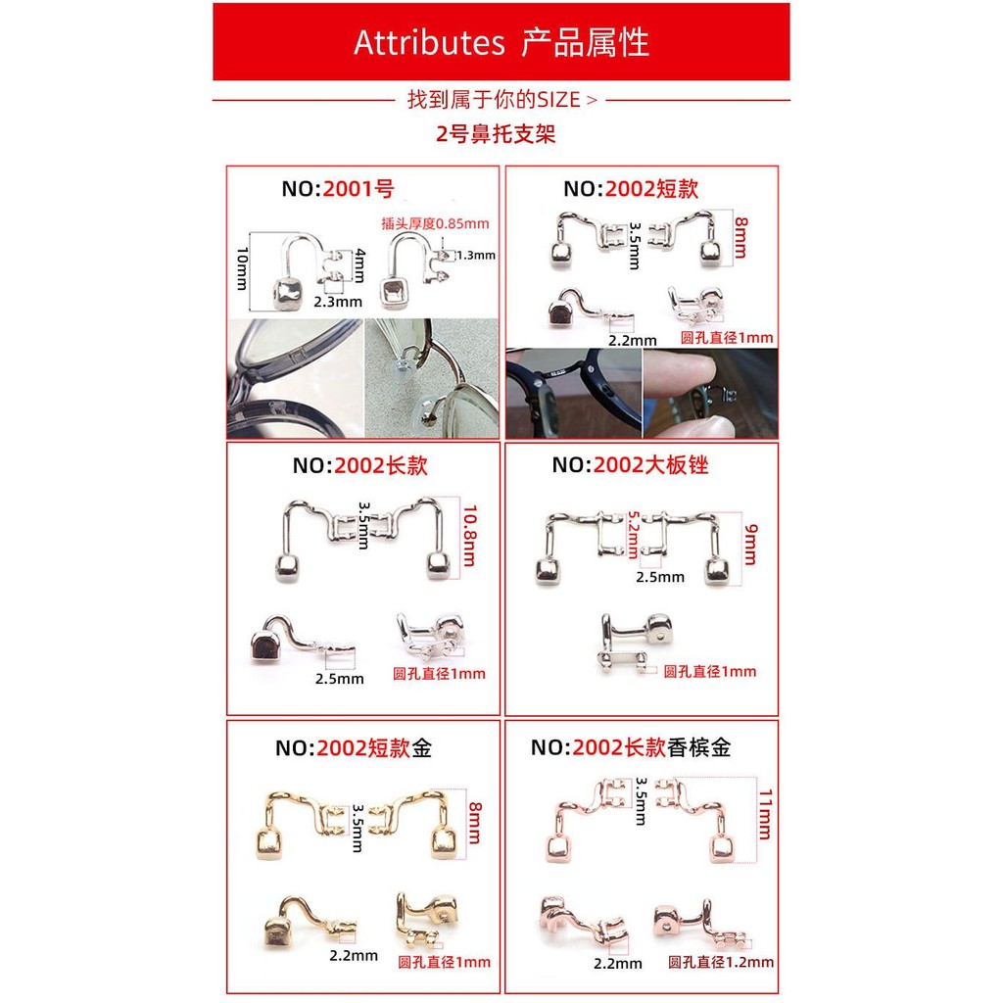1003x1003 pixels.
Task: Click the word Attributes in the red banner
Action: [429, 43]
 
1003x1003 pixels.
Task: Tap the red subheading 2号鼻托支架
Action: [496, 133]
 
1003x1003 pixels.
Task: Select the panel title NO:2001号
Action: [338, 189]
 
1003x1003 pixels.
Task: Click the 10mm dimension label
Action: [242, 268]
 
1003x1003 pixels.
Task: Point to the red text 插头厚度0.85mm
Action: [435, 223]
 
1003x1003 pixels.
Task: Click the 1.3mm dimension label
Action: [476, 256]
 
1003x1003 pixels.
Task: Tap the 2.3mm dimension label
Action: [338, 302]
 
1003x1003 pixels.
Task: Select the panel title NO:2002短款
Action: [631, 189]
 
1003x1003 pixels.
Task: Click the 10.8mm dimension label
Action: [469, 536]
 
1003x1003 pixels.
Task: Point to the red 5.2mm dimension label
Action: [633, 534]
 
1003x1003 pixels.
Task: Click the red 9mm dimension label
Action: [749, 545]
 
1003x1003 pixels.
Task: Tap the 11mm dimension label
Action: [764, 814]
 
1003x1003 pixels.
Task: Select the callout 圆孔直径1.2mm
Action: [721, 962]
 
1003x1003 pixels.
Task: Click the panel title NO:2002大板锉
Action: [630, 465]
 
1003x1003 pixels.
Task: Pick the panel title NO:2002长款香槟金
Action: [631, 747]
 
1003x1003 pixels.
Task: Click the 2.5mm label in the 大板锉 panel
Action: [660, 577]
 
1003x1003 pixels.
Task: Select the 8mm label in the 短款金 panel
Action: [475, 823]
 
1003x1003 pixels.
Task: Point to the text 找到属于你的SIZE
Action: [494, 100]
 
